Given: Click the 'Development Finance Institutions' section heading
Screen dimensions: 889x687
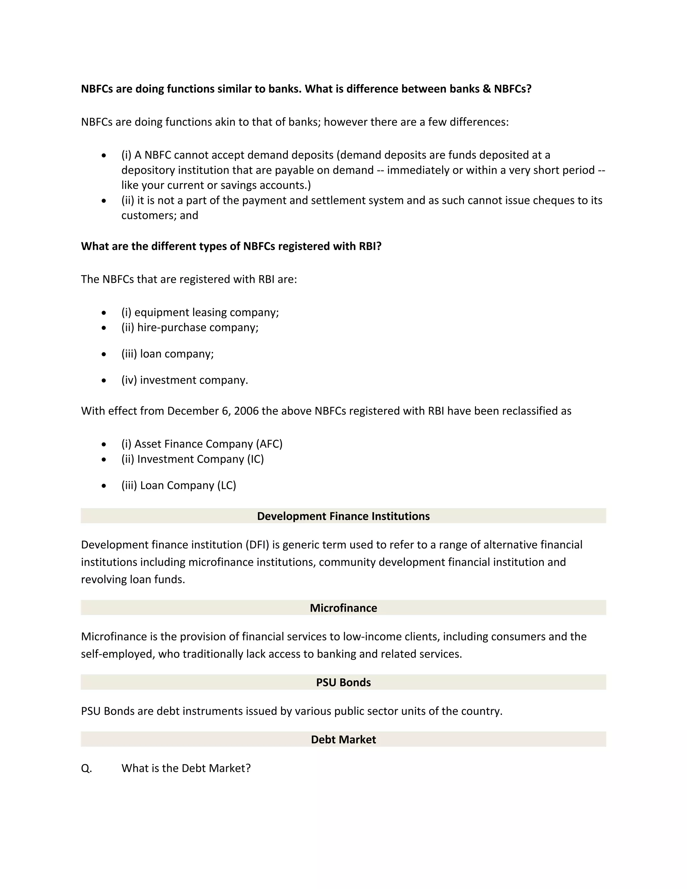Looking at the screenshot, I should (x=343, y=516).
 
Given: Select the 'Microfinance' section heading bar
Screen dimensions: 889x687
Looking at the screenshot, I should (x=343, y=608).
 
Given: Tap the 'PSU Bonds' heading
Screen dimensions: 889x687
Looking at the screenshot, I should (x=343, y=682).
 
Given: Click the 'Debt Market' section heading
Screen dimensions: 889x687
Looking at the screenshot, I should (x=343, y=739).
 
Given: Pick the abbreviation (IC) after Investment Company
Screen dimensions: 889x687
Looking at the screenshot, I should (x=255, y=459).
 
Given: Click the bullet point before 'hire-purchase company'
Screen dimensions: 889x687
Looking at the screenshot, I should (x=104, y=328).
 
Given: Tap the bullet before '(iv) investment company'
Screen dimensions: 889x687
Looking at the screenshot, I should (x=104, y=380).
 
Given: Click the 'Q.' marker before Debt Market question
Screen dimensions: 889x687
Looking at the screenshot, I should (x=86, y=768).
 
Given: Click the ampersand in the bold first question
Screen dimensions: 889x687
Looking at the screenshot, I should (x=487, y=89).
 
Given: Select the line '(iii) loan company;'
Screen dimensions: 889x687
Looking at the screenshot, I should (x=167, y=354).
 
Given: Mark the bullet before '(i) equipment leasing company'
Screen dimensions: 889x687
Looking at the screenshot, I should (x=104, y=313).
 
